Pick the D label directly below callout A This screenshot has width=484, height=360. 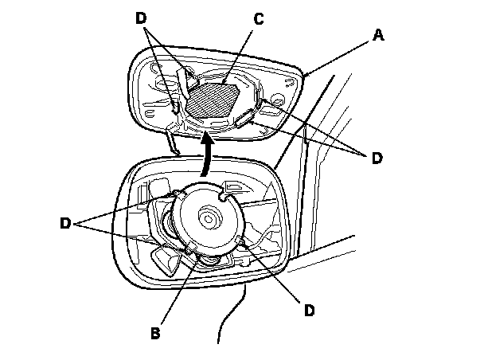pos(377,158)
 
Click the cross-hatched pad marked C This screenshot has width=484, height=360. pos(212,98)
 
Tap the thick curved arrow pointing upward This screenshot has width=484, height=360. pos(208,155)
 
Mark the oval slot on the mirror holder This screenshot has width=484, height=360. pos(244,119)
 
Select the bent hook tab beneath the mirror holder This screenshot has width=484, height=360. pos(172,141)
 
